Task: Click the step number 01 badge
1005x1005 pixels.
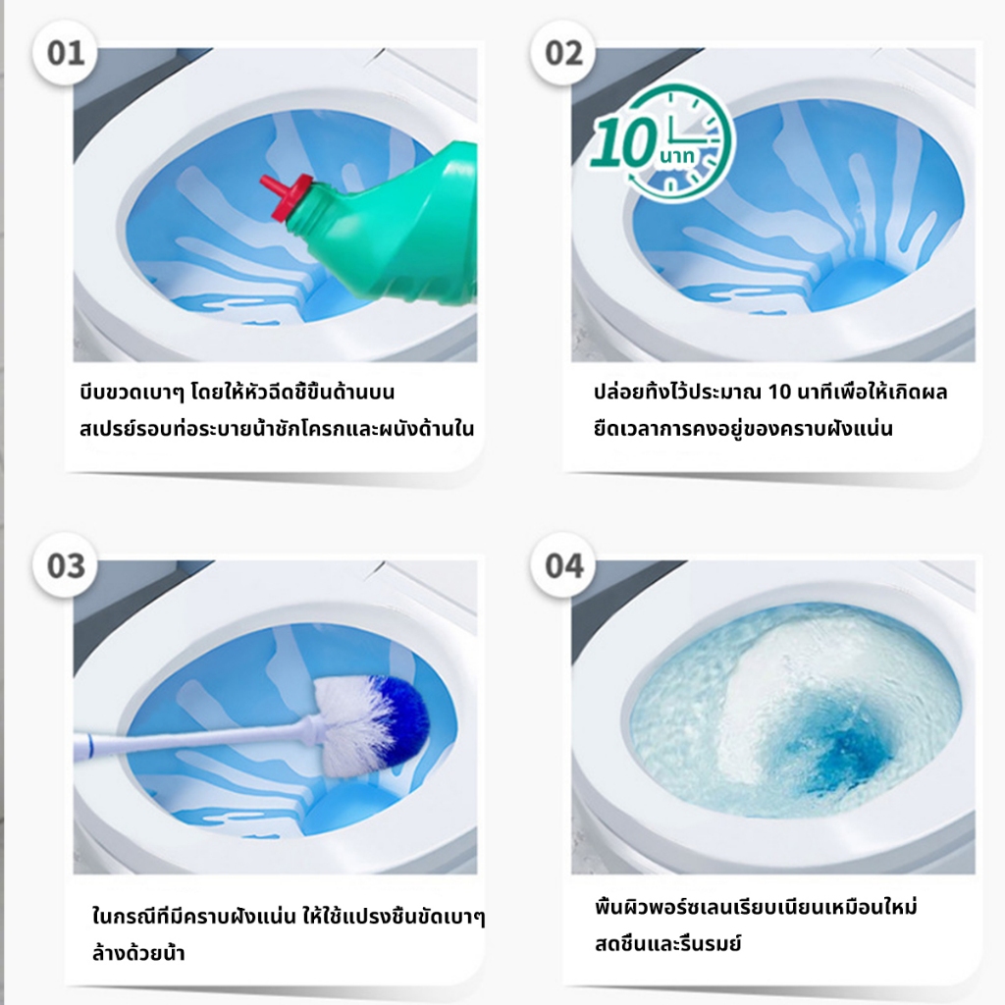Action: coord(65,53)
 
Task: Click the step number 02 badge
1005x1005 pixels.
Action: coord(563,53)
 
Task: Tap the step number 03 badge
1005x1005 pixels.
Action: coord(65,565)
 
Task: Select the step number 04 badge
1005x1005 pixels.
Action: coord(563,565)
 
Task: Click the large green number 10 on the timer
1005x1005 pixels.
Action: coord(623,142)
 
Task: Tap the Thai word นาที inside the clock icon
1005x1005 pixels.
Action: coord(676,155)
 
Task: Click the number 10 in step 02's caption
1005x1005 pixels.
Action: coord(779,392)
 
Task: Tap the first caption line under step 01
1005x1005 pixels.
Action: coord(238,391)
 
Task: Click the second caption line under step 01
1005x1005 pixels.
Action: coord(277,428)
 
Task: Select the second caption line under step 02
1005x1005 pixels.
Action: coord(743,428)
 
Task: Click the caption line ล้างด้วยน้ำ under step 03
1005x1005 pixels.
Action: coord(138,952)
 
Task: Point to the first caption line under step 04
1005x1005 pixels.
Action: coord(756,907)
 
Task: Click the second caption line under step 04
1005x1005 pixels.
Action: coord(667,943)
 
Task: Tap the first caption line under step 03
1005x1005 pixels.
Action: coord(289,916)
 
